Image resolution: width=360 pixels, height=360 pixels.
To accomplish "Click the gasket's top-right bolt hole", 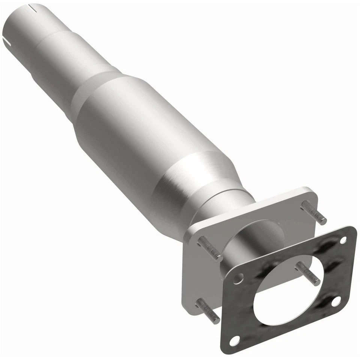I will pyautogui.click(x=343, y=240).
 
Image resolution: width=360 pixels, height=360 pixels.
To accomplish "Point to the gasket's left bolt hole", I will pyautogui.click(x=238, y=278).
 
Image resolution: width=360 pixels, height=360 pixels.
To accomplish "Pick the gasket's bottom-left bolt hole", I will pyautogui.click(x=234, y=340).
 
